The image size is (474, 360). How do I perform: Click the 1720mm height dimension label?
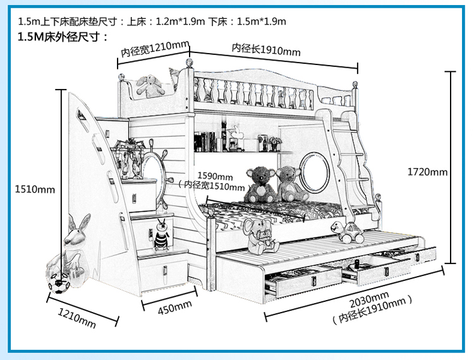427,172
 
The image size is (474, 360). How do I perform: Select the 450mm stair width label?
174,306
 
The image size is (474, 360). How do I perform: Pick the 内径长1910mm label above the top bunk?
266,49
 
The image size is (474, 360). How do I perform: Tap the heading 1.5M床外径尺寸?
63,37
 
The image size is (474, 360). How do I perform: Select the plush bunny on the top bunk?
150,85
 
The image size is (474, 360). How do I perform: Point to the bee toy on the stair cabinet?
161,234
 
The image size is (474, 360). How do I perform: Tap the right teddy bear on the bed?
291,183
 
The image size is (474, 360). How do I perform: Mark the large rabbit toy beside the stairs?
76,243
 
